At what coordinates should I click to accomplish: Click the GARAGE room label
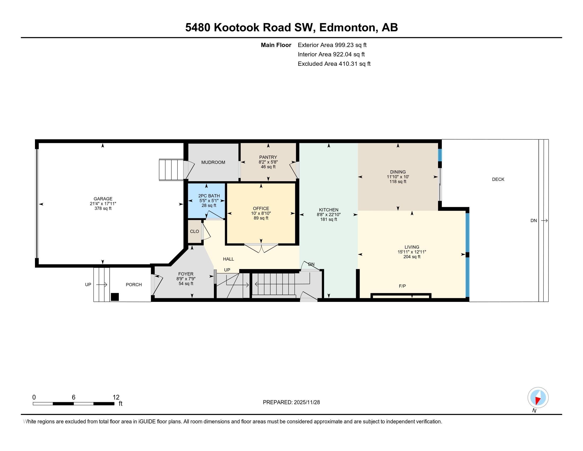(x=103, y=199)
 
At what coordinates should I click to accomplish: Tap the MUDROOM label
(x=213, y=162)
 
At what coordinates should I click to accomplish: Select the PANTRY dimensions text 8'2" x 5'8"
(x=268, y=162)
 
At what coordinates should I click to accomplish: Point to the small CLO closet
(x=194, y=231)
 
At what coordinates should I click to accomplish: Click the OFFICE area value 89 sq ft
(x=261, y=218)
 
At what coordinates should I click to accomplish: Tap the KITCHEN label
(x=329, y=210)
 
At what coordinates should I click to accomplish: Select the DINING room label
(x=398, y=172)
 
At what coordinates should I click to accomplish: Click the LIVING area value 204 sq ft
(x=412, y=257)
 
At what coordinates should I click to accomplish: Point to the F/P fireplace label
(x=402, y=286)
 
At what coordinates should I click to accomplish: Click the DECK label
(x=498, y=179)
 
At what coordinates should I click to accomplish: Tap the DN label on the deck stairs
(x=533, y=221)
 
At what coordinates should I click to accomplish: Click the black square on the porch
(x=115, y=297)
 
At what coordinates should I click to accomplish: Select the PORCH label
(x=134, y=285)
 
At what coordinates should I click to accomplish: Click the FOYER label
(x=186, y=274)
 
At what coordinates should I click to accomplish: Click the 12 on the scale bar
(x=116, y=397)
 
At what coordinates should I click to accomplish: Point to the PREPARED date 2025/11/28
(x=306, y=402)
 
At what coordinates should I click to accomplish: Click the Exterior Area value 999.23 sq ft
(x=351, y=45)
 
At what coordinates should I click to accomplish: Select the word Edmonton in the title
(x=348, y=27)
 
